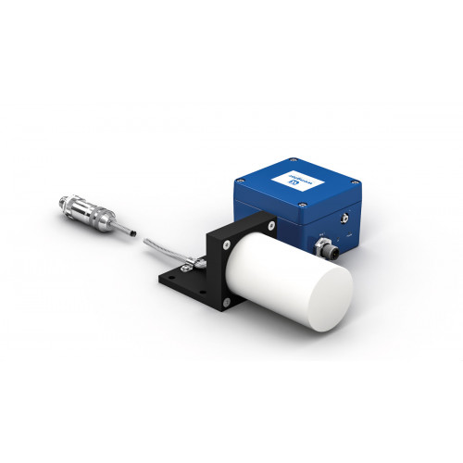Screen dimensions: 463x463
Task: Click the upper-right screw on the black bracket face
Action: click(269, 223)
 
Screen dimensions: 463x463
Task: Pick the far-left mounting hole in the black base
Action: click(169, 274)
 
